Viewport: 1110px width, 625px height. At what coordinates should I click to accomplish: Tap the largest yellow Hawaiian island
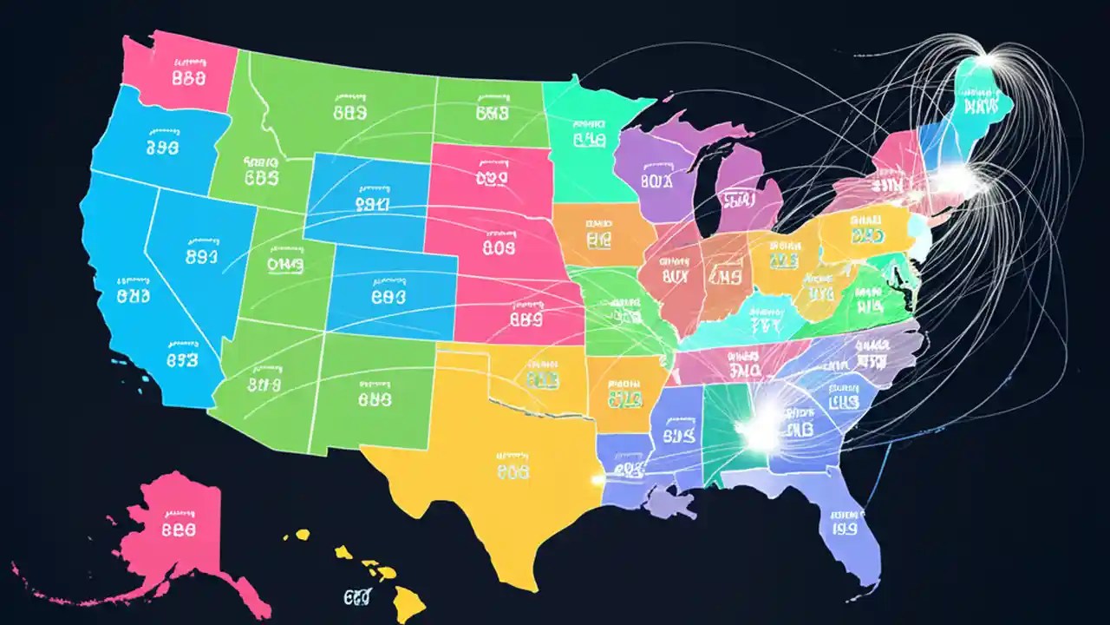[x=407, y=598]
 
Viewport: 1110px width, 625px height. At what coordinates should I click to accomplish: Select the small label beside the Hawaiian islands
[x=356, y=597]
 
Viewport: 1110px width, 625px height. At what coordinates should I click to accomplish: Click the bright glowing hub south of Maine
[x=960, y=180]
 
